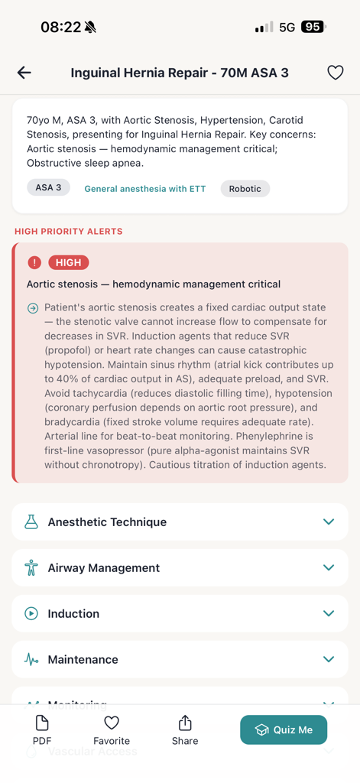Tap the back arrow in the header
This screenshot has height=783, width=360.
click(x=24, y=73)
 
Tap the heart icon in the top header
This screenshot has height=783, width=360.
click(x=335, y=73)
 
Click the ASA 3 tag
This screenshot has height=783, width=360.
click(x=48, y=187)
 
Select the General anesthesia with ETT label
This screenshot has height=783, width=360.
click(x=145, y=189)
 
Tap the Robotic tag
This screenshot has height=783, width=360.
click(x=245, y=189)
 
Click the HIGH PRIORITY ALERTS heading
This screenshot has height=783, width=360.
click(x=69, y=231)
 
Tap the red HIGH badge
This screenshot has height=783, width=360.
click(x=69, y=262)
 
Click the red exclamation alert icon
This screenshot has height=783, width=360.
click(x=34, y=262)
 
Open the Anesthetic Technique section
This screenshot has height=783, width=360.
click(x=107, y=522)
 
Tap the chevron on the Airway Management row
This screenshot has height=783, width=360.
click(x=329, y=567)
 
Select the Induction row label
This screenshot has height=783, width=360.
click(x=73, y=613)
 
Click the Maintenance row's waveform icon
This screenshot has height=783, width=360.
click(x=31, y=659)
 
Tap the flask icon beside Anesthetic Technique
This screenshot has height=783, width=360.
click(x=31, y=522)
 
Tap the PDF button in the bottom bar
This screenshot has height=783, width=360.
click(x=42, y=730)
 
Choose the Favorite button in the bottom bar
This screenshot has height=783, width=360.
click(x=112, y=730)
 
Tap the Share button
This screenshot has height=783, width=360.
click(x=185, y=730)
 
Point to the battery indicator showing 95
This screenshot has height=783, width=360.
click(x=313, y=27)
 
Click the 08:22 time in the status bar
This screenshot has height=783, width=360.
click(x=60, y=27)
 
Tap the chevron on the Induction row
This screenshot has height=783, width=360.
click(x=329, y=613)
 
